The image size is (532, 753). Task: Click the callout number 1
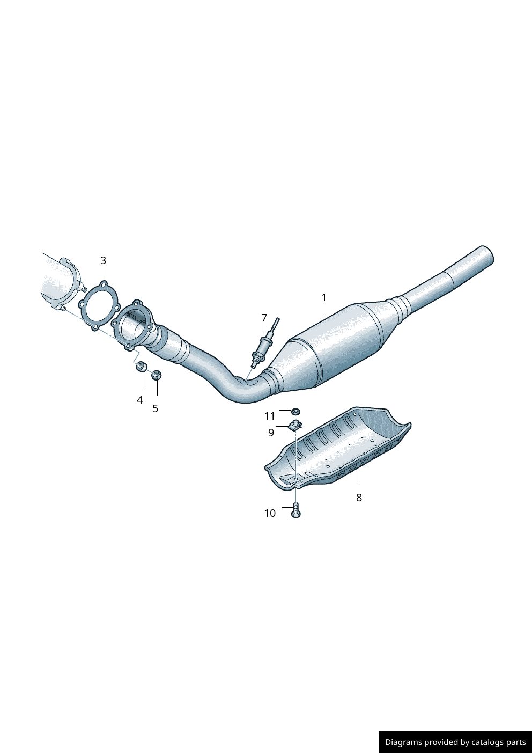(x=324, y=297)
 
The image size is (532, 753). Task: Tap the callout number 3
(x=103, y=260)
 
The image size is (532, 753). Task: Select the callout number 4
(x=139, y=400)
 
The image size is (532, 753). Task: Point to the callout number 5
(x=155, y=408)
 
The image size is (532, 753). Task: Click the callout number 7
(x=264, y=318)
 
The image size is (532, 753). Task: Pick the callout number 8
(x=359, y=498)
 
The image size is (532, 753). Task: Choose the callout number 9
(x=271, y=432)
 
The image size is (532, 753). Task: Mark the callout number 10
(x=270, y=513)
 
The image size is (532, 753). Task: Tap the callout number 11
(x=269, y=416)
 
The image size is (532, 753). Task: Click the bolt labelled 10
(x=295, y=510)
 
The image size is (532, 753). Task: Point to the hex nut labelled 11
(x=295, y=412)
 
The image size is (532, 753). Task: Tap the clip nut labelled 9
(x=294, y=426)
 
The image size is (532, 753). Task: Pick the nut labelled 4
(x=141, y=367)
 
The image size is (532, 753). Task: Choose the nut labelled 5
(x=156, y=374)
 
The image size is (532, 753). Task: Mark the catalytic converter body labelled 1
(x=343, y=343)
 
